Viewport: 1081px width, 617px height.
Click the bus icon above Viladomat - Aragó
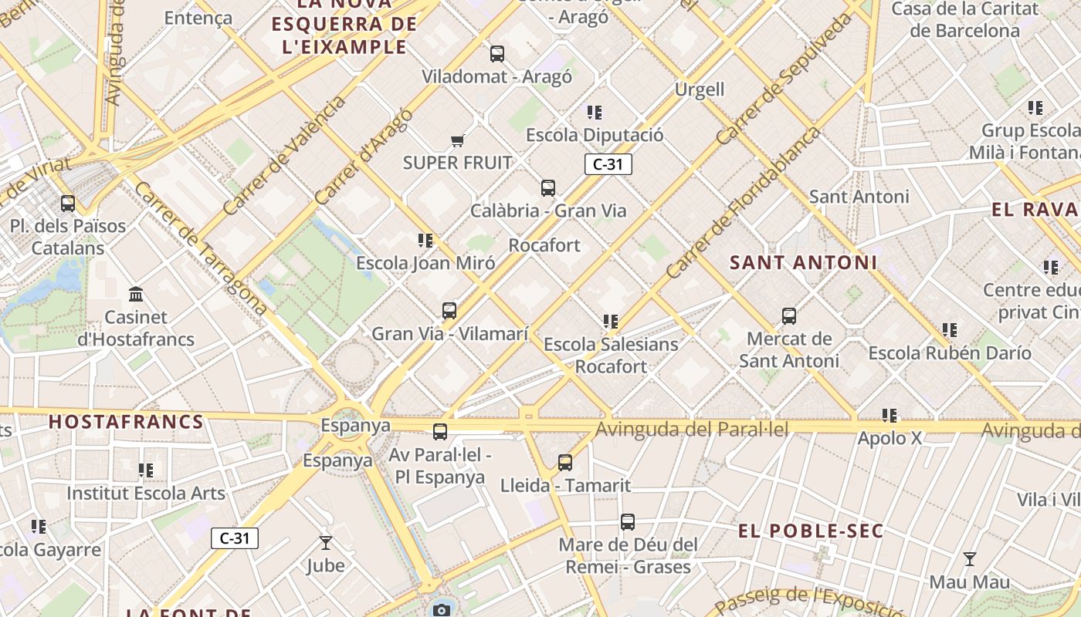pos(497,54)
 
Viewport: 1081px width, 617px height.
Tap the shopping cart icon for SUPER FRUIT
pos(457,140)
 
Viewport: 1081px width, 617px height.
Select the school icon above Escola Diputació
pos(594,113)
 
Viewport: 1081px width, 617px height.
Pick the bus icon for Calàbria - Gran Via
pos(548,188)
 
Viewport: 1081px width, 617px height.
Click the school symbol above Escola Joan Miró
pos(425,241)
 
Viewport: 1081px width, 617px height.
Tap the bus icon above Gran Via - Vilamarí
pos(449,311)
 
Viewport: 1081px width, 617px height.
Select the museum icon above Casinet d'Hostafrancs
pos(137,294)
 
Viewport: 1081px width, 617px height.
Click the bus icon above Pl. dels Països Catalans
pos(68,204)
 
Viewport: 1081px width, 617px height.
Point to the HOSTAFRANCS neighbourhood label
pos(126,422)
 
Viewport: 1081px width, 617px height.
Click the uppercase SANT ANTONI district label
pos(803,262)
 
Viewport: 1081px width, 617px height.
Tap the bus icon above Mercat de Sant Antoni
pos(788,316)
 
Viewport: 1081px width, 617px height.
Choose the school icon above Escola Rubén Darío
pos(949,330)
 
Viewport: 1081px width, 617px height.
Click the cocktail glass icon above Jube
pos(326,543)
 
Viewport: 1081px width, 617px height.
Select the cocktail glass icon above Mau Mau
pos(969,559)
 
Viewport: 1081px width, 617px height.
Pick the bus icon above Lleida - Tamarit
pos(565,463)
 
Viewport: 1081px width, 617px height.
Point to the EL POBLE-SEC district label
pos(810,531)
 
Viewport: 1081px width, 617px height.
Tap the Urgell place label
pos(700,89)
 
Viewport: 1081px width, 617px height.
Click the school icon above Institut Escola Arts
pos(145,470)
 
